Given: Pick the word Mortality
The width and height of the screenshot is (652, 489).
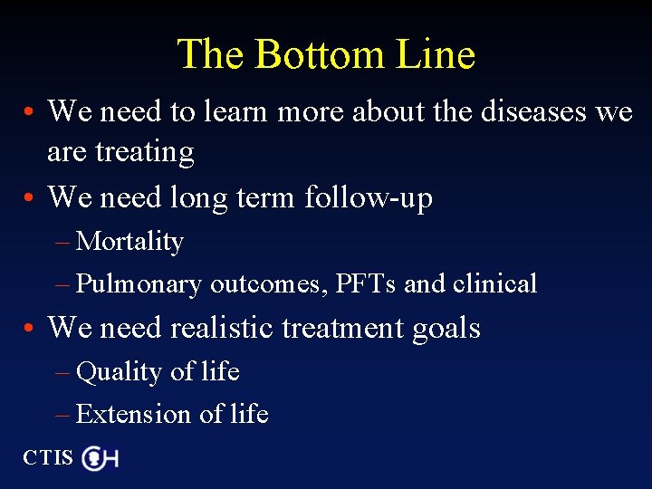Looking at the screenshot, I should click(x=130, y=242).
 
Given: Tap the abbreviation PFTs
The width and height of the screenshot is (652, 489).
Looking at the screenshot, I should click(x=366, y=283).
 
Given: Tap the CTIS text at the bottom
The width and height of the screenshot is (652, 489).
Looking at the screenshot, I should click(x=48, y=457).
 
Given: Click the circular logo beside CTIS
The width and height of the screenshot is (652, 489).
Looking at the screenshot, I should click(x=94, y=458).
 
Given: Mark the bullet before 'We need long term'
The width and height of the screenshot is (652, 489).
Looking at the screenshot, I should click(x=30, y=197).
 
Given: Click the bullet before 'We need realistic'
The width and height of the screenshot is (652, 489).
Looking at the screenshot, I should click(x=30, y=329).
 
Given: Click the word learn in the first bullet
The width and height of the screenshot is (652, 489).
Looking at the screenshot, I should click(x=235, y=111).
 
